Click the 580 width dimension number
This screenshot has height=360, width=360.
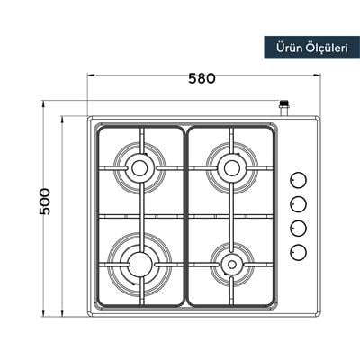(202, 78)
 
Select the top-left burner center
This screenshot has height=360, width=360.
(140, 167)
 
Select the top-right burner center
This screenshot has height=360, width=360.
(231, 167)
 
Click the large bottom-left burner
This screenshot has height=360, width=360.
(139, 264)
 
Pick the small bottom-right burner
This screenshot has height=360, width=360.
(231, 265)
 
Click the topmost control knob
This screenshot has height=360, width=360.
(299, 179)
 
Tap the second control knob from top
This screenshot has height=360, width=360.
(299, 202)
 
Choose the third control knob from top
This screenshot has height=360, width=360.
(299, 226)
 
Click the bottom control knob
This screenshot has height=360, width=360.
(299, 249)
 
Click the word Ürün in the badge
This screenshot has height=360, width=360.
(285, 47)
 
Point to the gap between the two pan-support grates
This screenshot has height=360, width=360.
(185, 216)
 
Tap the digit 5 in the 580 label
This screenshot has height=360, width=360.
(191, 78)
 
